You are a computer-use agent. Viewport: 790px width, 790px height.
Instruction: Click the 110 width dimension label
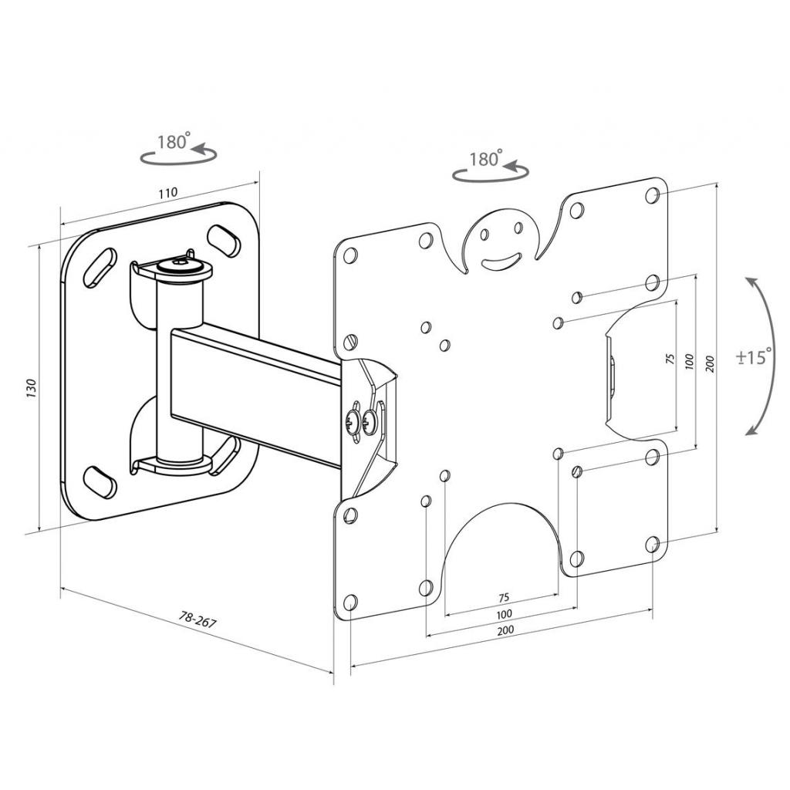(x=168, y=192)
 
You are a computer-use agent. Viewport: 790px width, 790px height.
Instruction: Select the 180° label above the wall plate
(x=173, y=142)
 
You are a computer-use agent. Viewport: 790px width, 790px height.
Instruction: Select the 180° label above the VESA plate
(x=485, y=160)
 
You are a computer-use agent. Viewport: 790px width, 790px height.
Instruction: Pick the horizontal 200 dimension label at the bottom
(x=505, y=630)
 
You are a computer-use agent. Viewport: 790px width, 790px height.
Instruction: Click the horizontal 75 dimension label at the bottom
(x=503, y=598)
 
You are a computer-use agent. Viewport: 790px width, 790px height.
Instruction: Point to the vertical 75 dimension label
(x=670, y=360)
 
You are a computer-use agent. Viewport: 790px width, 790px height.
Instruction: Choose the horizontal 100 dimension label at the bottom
(x=504, y=614)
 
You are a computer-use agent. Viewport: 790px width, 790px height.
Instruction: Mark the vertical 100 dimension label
(x=689, y=360)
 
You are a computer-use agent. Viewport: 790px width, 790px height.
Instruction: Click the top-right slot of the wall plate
(x=223, y=239)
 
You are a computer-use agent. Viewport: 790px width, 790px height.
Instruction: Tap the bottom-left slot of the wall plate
(x=100, y=481)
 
